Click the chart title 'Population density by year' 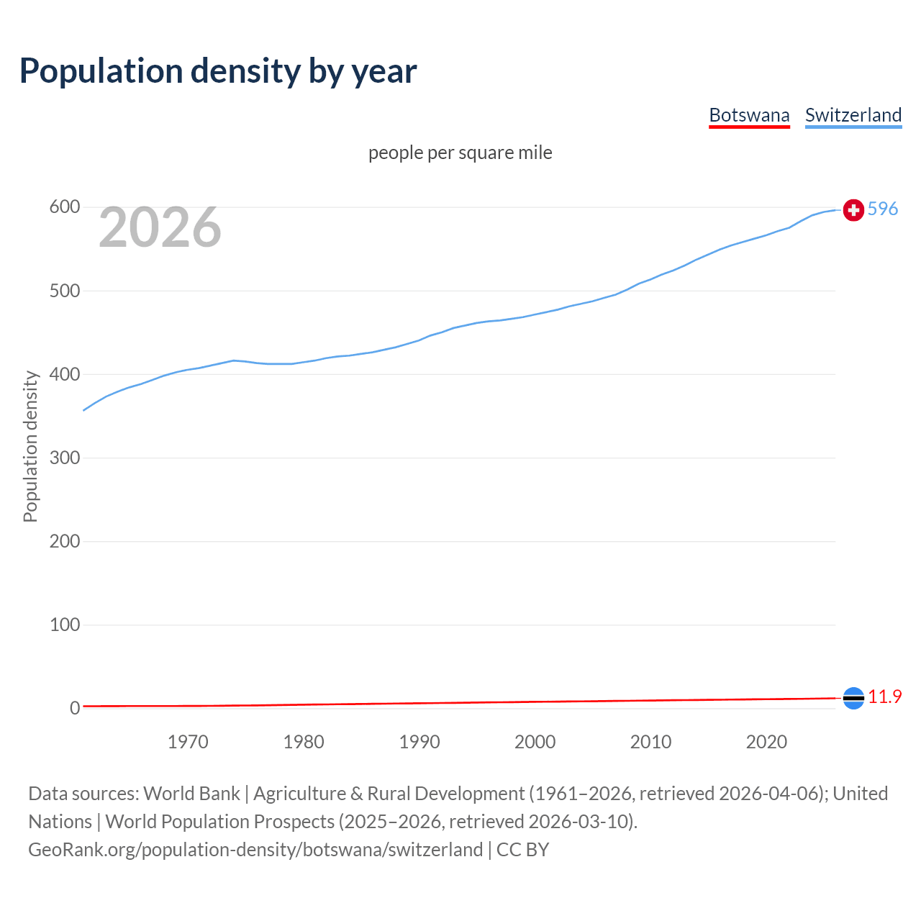[x=218, y=71]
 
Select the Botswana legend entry [x=749, y=115]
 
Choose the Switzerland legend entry [x=853, y=115]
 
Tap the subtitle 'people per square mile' [x=460, y=153]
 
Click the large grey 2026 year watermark [x=160, y=227]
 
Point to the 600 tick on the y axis [x=64, y=207]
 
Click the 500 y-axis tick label [x=64, y=291]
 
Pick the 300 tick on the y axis [x=64, y=458]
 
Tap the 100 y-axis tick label [x=64, y=625]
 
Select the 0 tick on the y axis [x=75, y=708]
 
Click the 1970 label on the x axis [x=188, y=742]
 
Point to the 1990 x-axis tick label [x=419, y=742]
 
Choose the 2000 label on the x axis [x=535, y=742]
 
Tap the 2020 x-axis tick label [x=766, y=742]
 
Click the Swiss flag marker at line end [x=853, y=209]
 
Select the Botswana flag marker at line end [x=853, y=698]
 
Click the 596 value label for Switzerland [x=883, y=209]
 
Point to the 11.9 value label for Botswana [x=884, y=697]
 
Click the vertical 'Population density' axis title [x=30, y=446]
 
